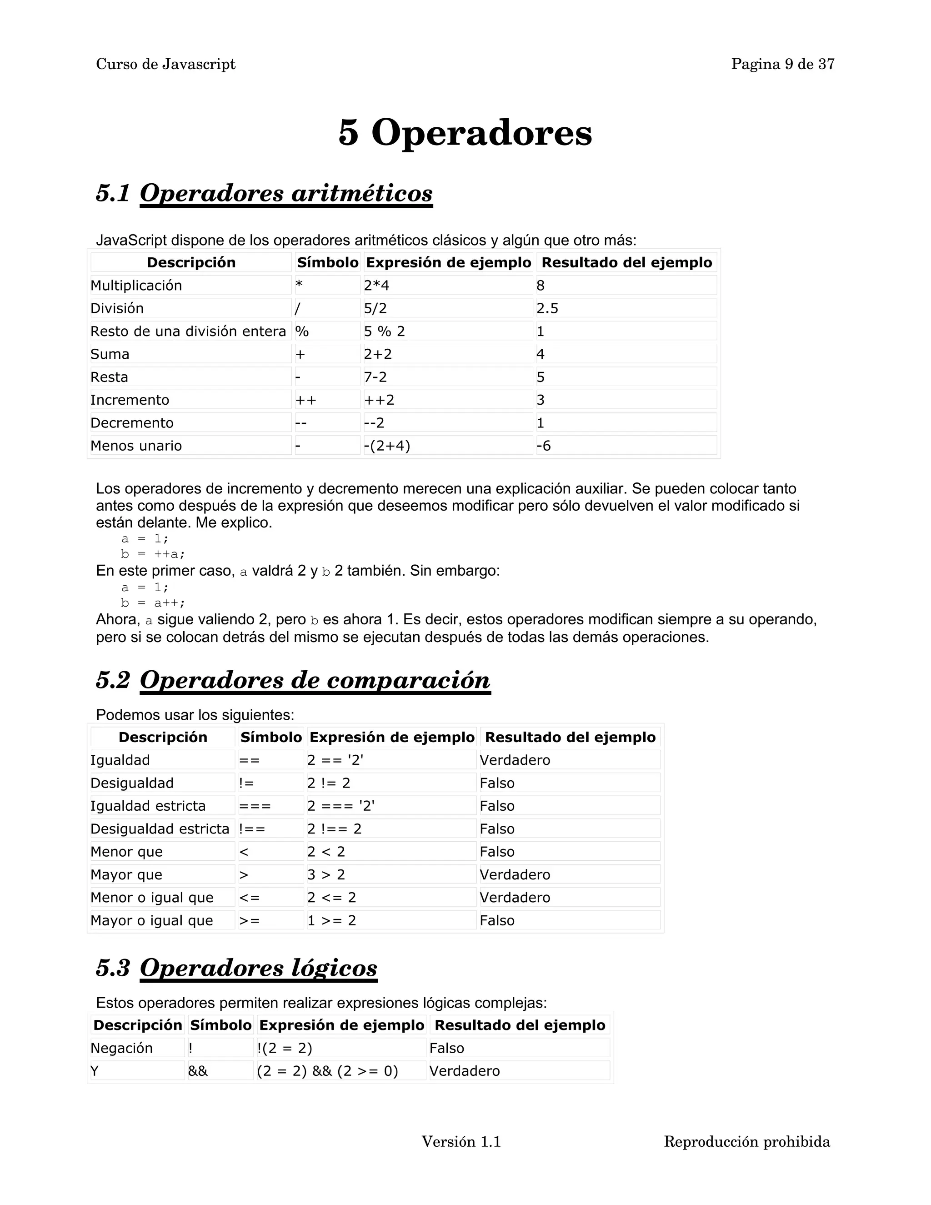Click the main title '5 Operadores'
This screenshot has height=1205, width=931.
[x=465, y=133]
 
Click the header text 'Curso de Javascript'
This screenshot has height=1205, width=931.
[x=165, y=65]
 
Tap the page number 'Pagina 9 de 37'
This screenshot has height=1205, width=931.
[x=782, y=65]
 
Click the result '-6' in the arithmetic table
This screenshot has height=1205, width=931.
[x=544, y=445]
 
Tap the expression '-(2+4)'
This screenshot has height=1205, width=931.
[x=387, y=445]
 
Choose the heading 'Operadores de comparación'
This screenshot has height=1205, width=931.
[x=315, y=680]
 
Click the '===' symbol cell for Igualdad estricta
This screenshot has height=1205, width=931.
[x=255, y=806]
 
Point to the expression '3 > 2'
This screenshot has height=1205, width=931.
[x=326, y=874]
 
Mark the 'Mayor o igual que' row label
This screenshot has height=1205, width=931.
[x=152, y=920]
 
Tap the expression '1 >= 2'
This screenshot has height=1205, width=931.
[x=331, y=920]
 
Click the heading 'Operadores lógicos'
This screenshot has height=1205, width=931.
[x=258, y=968]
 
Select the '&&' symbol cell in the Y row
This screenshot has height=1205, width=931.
[x=198, y=1071]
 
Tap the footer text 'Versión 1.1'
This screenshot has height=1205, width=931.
[x=461, y=1141]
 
